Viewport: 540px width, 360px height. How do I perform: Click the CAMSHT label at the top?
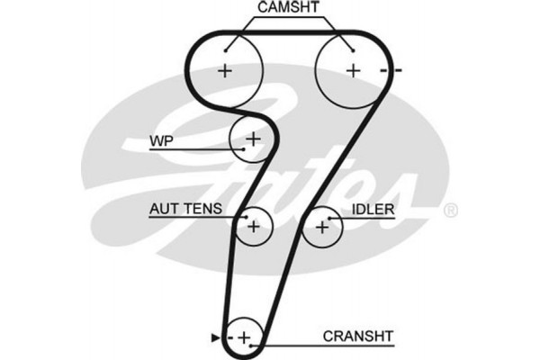pyautogui.click(x=288, y=10)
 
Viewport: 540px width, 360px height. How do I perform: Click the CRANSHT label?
pyautogui.click(x=358, y=336)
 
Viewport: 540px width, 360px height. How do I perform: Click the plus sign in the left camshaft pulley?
pyautogui.click(x=224, y=70)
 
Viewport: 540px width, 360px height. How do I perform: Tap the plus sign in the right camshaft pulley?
pyautogui.click(x=354, y=70)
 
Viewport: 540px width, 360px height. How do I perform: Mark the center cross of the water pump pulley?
pyautogui.click(x=253, y=139)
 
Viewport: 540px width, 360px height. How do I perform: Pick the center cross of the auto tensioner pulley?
pyautogui.click(x=254, y=227)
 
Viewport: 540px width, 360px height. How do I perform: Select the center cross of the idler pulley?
pyautogui.click(x=322, y=227)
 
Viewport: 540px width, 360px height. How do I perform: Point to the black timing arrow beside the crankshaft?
pyautogui.click(x=214, y=337)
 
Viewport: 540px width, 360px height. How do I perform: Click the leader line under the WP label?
pyautogui.click(x=193, y=149)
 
